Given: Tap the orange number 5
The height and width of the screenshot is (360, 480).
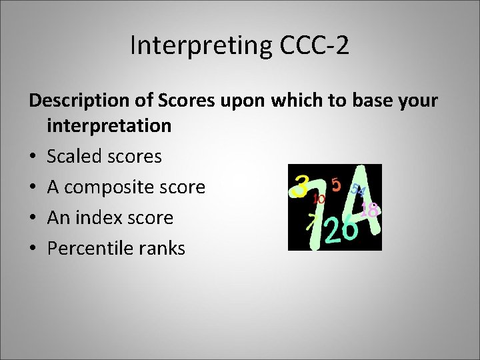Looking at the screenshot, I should tap(336, 184).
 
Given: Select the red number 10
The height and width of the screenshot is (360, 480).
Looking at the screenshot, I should tap(319, 198).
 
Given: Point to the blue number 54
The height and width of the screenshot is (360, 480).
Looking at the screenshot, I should tap(358, 191).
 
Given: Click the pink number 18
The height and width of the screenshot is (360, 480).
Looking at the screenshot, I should tap(369, 210).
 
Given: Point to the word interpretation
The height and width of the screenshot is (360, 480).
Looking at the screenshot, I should tap(109, 125).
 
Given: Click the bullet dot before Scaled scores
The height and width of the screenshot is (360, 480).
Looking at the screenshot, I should tap(33, 157).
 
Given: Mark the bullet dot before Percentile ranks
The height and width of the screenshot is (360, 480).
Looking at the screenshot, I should tap(33, 249).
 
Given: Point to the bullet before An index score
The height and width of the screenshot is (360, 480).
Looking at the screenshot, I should tap(33, 218).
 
